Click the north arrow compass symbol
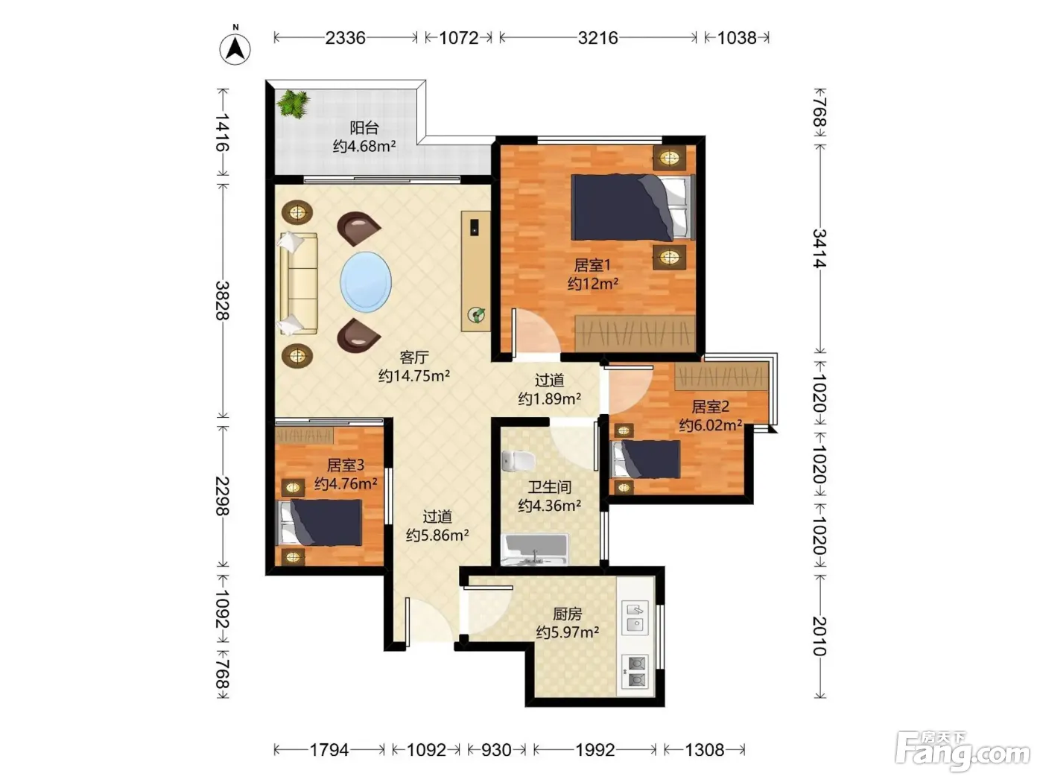click(235, 48)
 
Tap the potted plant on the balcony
click(294, 103)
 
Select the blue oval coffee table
click(365, 282)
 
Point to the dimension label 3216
click(597, 37)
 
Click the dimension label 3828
click(222, 301)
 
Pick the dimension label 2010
click(819, 636)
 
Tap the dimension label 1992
click(595, 750)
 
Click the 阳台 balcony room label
click(364, 127)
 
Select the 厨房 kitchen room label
click(567, 614)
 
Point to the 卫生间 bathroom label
click(549, 486)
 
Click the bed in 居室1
click(633, 207)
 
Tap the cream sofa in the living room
click(298, 284)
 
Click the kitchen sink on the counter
click(635, 617)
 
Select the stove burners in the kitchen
click(635, 671)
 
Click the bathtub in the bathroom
click(536, 550)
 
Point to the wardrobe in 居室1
click(635, 332)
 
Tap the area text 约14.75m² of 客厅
click(414, 375)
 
